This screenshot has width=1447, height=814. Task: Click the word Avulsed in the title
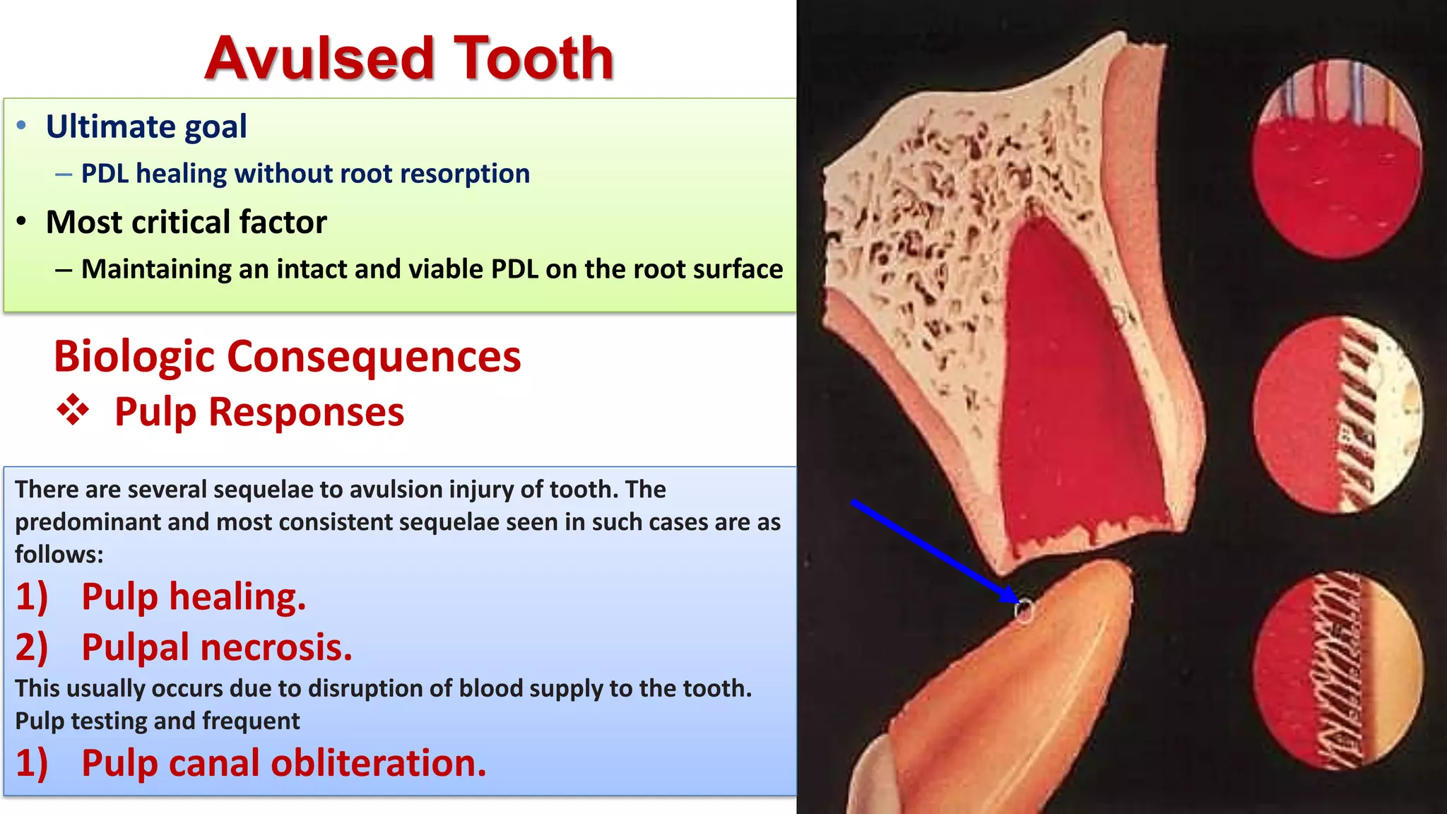[x=318, y=58]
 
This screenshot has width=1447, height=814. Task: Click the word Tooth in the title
[x=533, y=58]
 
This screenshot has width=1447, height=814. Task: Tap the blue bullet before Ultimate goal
[x=22, y=126]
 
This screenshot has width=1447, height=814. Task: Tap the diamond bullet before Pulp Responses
[x=73, y=411]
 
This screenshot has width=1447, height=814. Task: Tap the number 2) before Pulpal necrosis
[x=32, y=647]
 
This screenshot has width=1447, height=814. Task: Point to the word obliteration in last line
[x=378, y=763]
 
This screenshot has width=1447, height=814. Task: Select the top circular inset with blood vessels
[x=1336, y=159]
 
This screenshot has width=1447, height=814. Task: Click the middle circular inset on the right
[x=1338, y=415]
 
